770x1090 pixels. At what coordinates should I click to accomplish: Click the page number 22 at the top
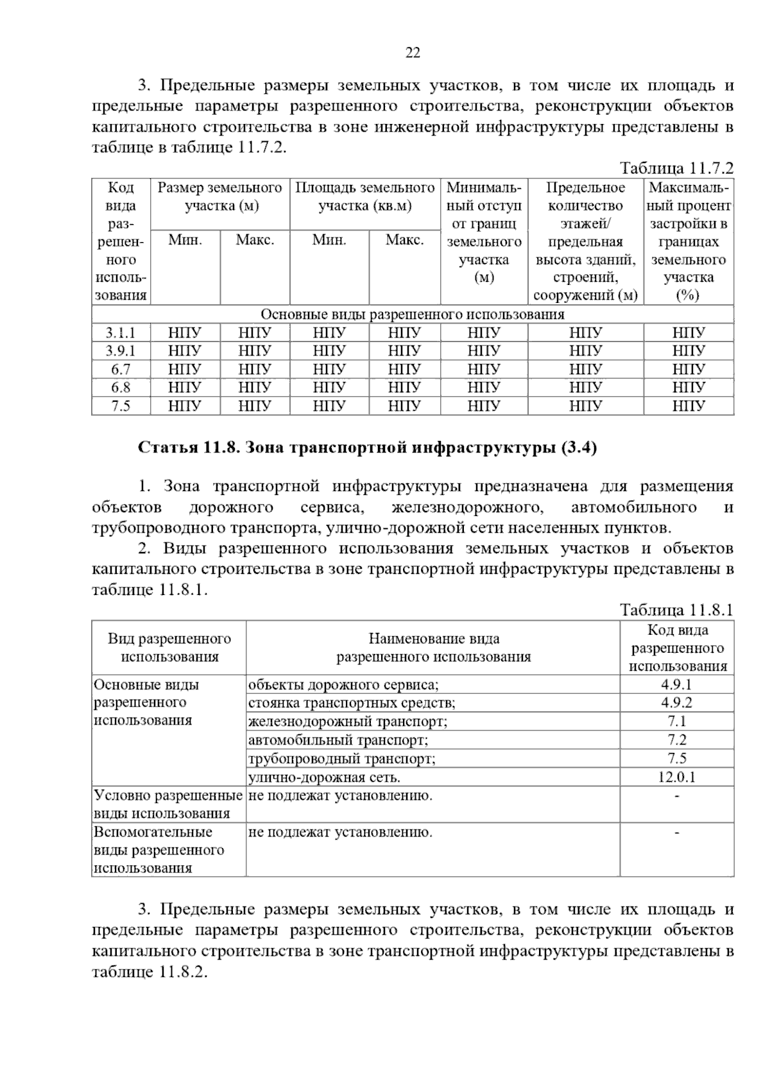click(x=413, y=53)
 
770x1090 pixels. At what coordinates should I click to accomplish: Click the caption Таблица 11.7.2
click(x=676, y=169)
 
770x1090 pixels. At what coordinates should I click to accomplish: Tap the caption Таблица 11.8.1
click(x=676, y=609)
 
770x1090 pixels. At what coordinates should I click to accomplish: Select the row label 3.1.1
click(x=121, y=333)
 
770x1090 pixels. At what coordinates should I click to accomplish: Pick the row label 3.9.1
click(x=121, y=350)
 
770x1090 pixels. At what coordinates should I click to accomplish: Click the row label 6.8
click(x=121, y=387)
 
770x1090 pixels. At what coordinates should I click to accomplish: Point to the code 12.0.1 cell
click(x=676, y=777)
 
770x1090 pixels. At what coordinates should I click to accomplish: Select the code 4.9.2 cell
click(x=676, y=703)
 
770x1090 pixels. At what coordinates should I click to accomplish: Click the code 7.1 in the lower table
click(x=676, y=722)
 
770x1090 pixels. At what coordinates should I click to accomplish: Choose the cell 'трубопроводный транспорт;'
click(x=342, y=759)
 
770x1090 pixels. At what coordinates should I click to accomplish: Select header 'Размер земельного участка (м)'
click(x=220, y=197)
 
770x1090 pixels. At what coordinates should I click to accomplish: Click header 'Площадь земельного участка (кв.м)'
click(x=364, y=197)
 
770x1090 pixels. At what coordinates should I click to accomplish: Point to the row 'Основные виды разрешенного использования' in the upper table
click(x=412, y=315)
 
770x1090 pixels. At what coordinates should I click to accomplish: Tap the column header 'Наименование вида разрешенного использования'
click(x=433, y=647)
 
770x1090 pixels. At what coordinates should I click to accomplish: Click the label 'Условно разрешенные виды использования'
click(x=168, y=804)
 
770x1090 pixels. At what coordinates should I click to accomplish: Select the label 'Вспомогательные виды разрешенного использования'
click(x=159, y=850)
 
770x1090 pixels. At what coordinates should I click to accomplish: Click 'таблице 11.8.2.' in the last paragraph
click(x=151, y=971)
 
